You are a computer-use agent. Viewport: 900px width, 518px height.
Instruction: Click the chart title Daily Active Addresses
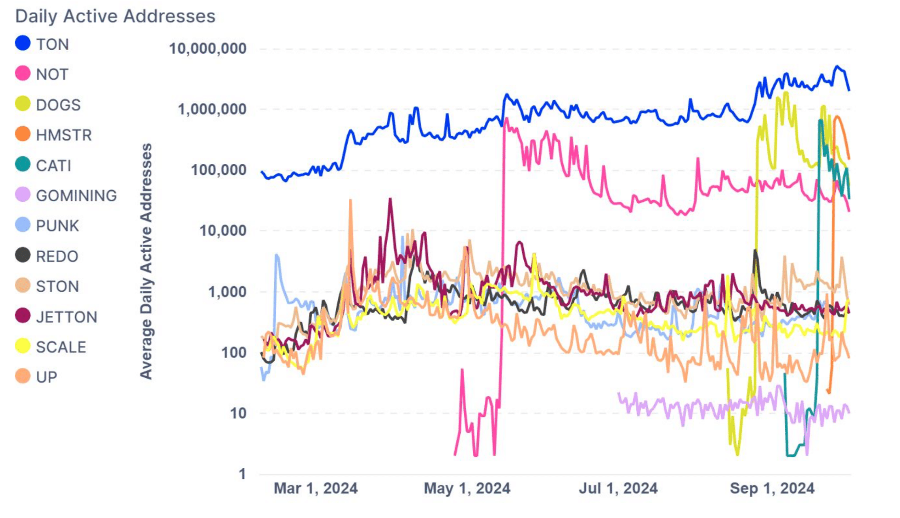(115, 16)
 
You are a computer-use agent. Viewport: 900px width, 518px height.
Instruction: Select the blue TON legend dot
(23, 43)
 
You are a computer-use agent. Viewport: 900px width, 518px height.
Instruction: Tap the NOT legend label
(52, 74)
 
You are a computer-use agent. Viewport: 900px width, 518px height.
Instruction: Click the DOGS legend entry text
(58, 105)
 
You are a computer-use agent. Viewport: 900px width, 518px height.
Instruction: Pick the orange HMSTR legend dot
(23, 134)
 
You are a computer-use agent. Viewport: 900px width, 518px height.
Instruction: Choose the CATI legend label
(54, 166)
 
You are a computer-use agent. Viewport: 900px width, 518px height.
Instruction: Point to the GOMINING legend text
(76, 196)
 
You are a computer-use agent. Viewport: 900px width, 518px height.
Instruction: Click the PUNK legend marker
(23, 225)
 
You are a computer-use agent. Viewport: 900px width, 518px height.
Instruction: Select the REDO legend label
(57, 256)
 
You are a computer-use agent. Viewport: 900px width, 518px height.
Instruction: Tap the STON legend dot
(23, 286)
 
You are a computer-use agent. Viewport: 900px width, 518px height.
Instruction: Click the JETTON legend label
(67, 317)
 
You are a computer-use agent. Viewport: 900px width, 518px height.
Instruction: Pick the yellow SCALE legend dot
(23, 346)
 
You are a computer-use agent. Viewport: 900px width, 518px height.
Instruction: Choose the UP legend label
(47, 377)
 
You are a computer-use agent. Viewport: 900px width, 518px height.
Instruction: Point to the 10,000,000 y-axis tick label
(208, 48)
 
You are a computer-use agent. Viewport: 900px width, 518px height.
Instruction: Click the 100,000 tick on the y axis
(218, 170)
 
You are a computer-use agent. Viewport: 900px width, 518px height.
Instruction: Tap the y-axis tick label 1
(242, 474)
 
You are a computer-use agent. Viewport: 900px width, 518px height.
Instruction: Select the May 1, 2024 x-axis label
(467, 488)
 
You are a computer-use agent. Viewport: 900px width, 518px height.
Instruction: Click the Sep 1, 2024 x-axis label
(772, 488)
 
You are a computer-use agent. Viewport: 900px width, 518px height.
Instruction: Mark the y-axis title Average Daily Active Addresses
(146, 261)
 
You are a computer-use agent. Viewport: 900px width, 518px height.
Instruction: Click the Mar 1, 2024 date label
(316, 488)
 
